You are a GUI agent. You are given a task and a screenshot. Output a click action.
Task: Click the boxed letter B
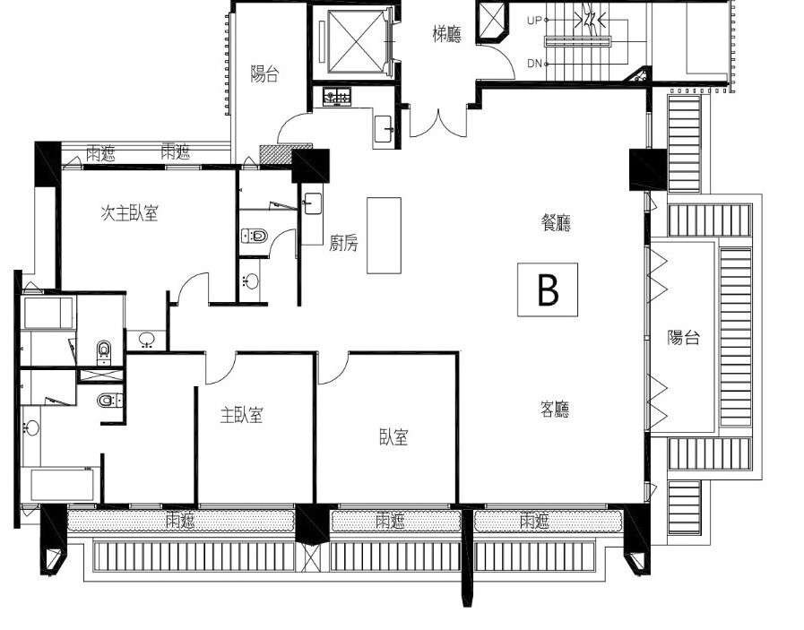tap(548, 289)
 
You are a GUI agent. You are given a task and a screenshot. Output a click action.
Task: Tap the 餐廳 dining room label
tap(556, 222)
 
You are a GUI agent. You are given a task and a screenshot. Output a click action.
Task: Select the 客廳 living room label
tap(555, 410)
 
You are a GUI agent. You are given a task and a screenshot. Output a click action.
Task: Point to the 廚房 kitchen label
tap(343, 243)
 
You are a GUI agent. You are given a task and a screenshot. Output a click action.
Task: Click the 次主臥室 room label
tap(129, 213)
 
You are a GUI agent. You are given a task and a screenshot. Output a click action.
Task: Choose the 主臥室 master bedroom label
tap(241, 415)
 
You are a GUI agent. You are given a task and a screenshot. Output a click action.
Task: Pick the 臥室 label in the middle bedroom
tap(393, 436)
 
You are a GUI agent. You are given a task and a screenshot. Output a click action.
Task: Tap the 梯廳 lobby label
tap(446, 35)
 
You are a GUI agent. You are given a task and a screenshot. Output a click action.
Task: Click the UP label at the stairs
tap(534, 21)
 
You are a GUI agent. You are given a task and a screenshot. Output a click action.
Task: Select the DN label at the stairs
tap(534, 64)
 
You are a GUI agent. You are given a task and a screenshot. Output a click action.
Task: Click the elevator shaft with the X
tap(356, 41)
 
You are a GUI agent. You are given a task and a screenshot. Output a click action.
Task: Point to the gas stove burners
tap(337, 97)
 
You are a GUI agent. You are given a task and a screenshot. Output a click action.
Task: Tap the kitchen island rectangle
tap(384, 236)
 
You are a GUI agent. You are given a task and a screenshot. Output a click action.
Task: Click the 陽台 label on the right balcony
tap(684, 337)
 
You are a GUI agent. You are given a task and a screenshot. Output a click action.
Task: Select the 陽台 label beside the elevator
tap(264, 73)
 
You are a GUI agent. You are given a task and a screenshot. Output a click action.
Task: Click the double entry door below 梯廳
tap(438, 123)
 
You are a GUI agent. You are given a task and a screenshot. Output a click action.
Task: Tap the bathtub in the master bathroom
tap(63, 486)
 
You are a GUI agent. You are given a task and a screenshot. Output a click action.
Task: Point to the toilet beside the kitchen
tap(255, 236)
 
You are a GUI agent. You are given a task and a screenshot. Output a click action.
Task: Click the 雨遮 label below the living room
tap(534, 522)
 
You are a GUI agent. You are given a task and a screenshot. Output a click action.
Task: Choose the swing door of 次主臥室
tap(194, 288)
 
